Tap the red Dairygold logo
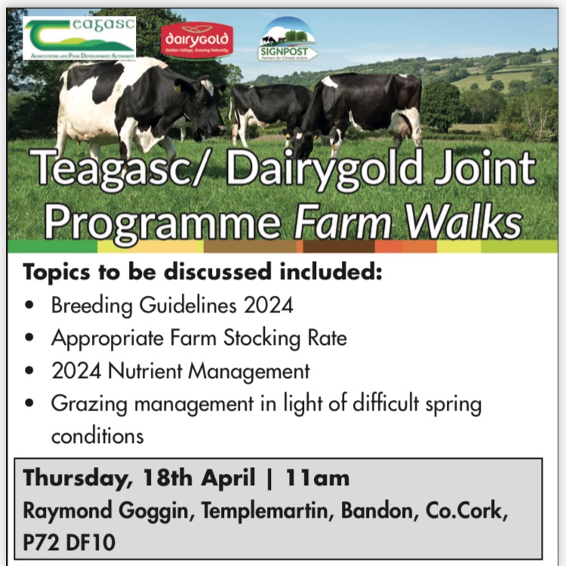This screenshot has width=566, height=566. [196, 40]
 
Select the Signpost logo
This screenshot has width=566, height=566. [288, 39]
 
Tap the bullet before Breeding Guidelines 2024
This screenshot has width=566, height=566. [29, 306]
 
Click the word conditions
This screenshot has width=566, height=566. [97, 436]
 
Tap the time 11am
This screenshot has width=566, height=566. [317, 478]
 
